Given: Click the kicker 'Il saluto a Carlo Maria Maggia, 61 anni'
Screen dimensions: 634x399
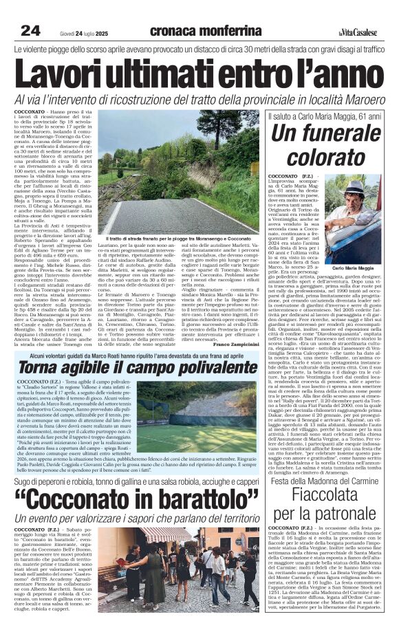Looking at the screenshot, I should pyautogui.click(x=325, y=117).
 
